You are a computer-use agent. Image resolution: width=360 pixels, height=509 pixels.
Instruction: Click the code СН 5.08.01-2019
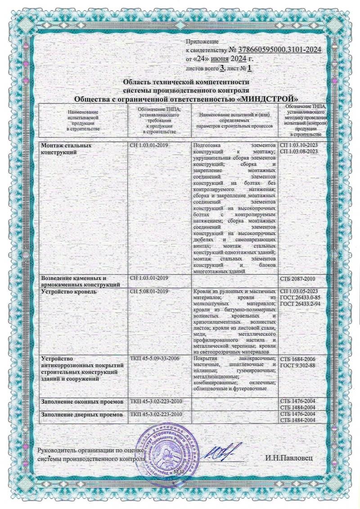click(x=149, y=292)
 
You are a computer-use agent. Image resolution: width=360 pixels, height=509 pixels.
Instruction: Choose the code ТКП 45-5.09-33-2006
click(x=156, y=358)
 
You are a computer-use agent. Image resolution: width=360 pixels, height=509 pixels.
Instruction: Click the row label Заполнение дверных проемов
click(x=81, y=414)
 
